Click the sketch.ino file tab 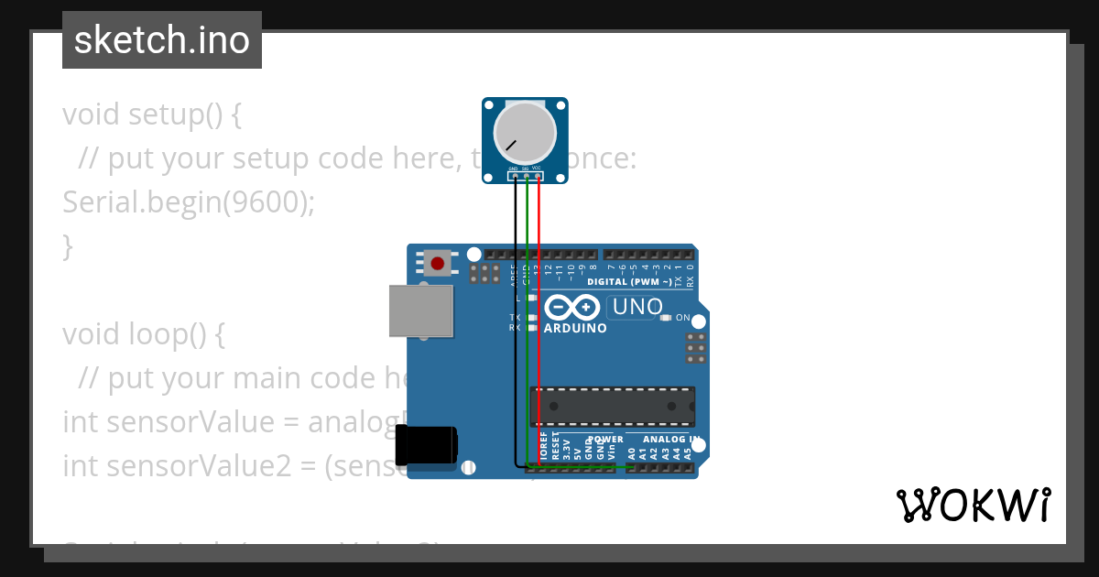click(162, 40)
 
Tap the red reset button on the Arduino click(438, 264)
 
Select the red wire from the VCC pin click(539, 321)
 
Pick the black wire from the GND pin click(516, 321)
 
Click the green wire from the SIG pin click(527, 321)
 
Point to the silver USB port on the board click(421, 310)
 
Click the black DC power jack click(428, 447)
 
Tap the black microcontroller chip click(612, 407)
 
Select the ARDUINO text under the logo click(575, 328)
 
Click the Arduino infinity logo click(573, 307)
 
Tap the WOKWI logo click(973, 505)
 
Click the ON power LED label click(682, 318)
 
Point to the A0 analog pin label click(631, 452)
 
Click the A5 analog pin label click(688, 452)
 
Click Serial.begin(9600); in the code click(188, 202)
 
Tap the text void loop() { click(143, 334)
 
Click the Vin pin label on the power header click(612, 452)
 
